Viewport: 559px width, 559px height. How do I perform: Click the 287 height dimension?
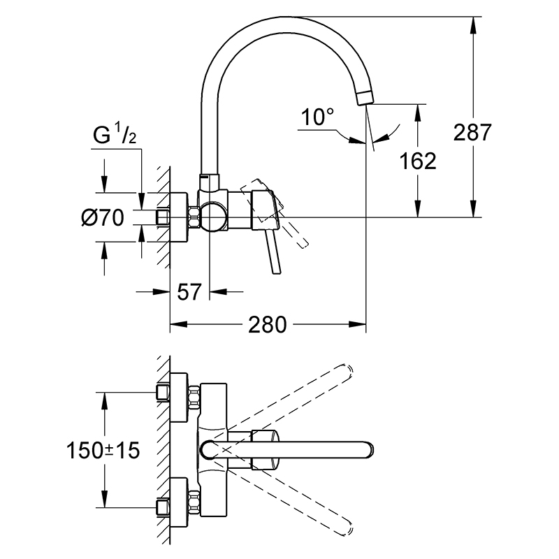[x=472, y=132]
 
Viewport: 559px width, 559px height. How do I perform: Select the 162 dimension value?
[x=417, y=161]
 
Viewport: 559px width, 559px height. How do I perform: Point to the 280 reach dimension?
[x=268, y=325]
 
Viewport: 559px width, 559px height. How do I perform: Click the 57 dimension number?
[x=189, y=292]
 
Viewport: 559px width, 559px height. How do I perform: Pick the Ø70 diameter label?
[x=103, y=217]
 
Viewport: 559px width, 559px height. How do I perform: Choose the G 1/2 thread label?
[x=115, y=135]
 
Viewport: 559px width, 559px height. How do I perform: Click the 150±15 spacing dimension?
[x=103, y=450]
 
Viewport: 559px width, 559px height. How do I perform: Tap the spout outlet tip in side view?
[x=365, y=97]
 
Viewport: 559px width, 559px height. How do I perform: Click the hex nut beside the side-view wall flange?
[x=194, y=217]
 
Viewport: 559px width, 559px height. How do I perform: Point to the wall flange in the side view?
[x=179, y=217]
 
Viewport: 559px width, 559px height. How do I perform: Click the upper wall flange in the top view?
[x=179, y=398]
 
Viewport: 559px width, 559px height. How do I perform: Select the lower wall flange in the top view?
[x=179, y=502]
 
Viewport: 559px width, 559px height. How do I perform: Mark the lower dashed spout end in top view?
[x=345, y=528]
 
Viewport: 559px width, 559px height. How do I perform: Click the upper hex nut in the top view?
[x=194, y=397]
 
